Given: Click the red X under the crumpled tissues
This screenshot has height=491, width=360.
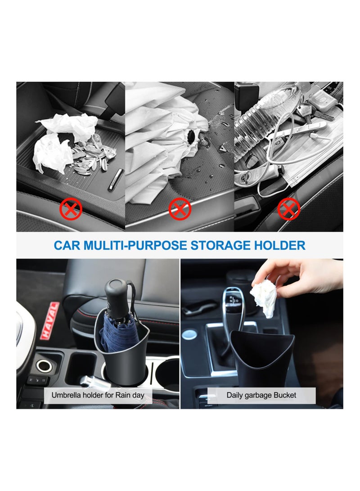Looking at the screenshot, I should [71, 209].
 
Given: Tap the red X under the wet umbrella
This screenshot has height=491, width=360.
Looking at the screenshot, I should [180, 209].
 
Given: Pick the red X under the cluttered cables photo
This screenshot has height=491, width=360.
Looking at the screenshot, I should [288, 209].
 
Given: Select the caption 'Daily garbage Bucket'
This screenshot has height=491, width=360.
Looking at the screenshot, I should [261, 395].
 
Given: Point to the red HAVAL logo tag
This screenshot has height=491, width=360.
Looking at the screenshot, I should [49, 320].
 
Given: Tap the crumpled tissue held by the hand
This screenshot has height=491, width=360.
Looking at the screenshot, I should [264, 298].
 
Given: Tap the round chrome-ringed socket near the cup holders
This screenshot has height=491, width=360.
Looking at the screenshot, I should [44, 365].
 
